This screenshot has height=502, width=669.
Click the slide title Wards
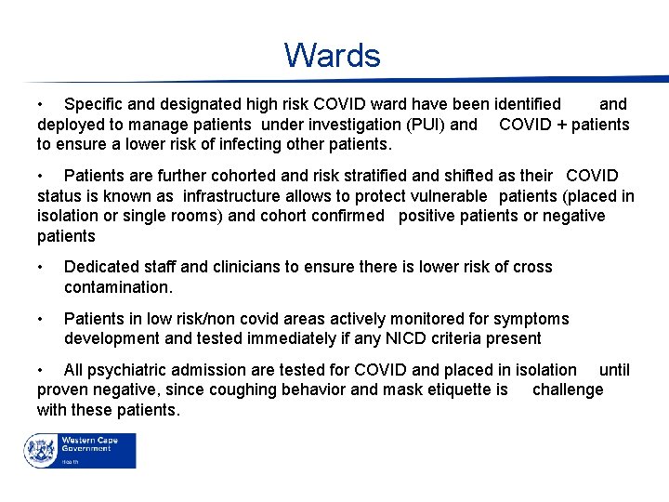(333, 56)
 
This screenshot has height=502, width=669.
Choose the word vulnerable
(441, 196)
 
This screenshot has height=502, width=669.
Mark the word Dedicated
(100, 268)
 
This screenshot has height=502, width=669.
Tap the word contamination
(118, 288)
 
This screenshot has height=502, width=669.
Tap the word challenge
(568, 390)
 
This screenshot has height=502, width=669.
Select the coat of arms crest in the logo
(42, 450)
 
